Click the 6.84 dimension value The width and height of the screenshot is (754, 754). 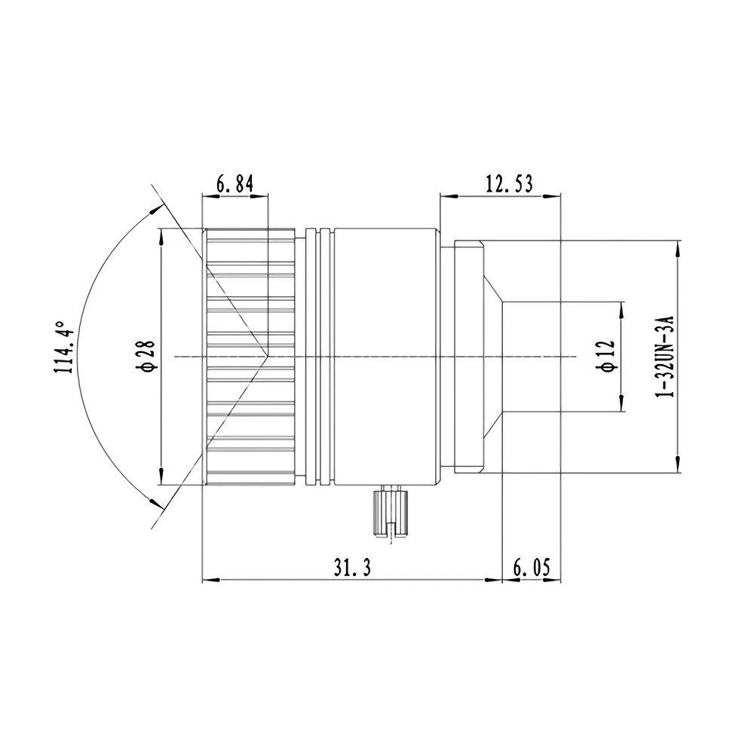pos(234,184)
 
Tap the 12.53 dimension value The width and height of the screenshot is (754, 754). pos(509,184)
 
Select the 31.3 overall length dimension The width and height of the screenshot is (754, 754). pos(352,568)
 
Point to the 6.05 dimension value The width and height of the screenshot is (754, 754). pos(532,568)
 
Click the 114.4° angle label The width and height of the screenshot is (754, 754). pos(63,347)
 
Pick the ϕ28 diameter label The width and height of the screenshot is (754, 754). pos(146,356)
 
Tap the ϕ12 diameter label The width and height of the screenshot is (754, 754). pos(605,356)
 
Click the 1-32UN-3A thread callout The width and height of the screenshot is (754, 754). pos(666,357)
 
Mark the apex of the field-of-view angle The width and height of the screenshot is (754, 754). pos(268,357)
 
